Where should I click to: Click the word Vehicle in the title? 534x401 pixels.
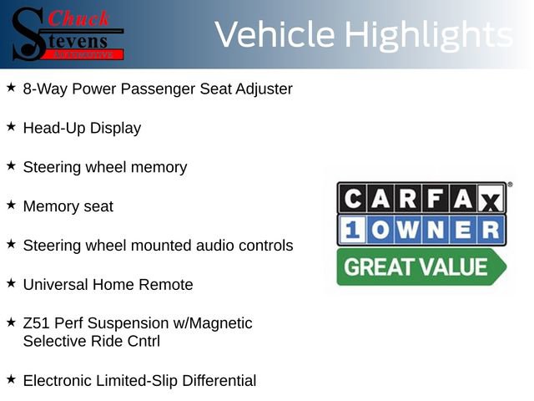coord(275,35)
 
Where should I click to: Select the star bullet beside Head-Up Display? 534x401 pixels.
coord(11,126)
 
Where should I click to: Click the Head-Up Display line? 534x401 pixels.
coord(82,128)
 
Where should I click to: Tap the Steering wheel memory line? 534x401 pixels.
coord(105,167)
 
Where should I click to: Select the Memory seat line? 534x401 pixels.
coord(68,206)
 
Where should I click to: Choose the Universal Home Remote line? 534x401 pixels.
coord(108,285)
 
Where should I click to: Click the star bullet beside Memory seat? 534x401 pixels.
coord(11,205)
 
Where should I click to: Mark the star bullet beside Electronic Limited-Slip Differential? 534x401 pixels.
coord(11,379)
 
